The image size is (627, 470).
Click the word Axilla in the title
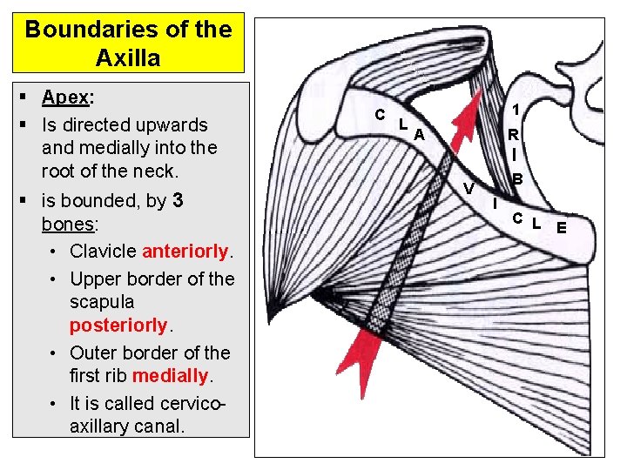[x=130, y=58]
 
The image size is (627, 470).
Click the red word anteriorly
[x=185, y=252]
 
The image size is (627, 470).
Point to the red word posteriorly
[x=118, y=325]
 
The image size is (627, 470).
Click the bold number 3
[x=178, y=201]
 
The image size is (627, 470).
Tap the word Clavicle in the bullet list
[x=104, y=252]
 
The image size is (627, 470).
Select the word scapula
[x=102, y=302]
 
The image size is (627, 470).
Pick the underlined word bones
[x=67, y=225]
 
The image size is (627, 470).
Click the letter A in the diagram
[x=419, y=135]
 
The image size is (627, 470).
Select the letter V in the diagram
[x=469, y=189]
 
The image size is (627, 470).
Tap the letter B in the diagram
[x=516, y=179]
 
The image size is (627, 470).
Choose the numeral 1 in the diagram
[x=516, y=110]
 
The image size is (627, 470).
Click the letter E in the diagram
[x=562, y=229]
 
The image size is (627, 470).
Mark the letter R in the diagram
[x=514, y=136]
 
